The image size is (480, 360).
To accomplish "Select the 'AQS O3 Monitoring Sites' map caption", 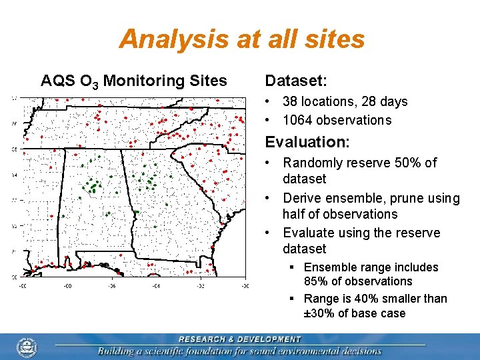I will (x=133, y=81).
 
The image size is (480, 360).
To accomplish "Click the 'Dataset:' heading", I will (x=296, y=81).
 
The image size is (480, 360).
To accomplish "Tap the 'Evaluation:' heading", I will (x=307, y=142).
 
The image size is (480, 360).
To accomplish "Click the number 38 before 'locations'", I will (x=290, y=102).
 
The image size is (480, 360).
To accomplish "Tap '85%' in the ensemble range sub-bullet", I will (x=317, y=281).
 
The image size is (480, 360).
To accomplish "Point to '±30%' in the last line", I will (x=316, y=313).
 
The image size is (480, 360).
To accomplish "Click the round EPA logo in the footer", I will (x=27, y=347).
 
